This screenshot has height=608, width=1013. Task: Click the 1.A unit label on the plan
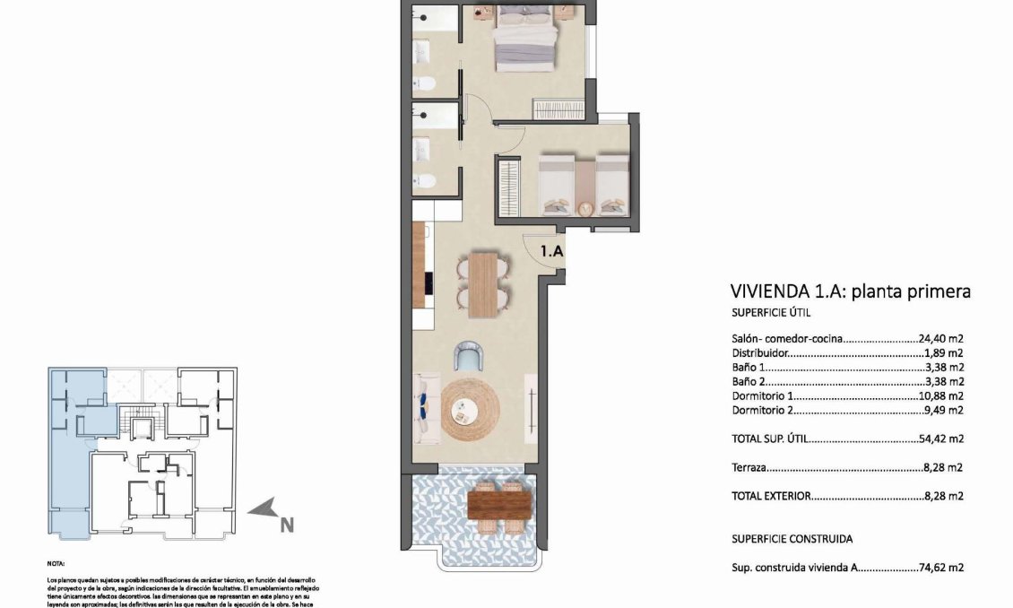click(x=551, y=252)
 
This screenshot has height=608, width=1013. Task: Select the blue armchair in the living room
click(x=469, y=356)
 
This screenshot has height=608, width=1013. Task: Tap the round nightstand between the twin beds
click(x=585, y=208)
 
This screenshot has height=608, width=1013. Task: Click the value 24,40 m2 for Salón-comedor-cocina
click(x=940, y=340)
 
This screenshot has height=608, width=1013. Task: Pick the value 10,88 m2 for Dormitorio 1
click(x=940, y=395)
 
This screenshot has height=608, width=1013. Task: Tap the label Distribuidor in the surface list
click(x=762, y=353)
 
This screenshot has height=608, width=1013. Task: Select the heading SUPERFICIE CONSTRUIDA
click(x=792, y=539)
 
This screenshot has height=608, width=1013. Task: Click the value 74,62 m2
click(x=940, y=568)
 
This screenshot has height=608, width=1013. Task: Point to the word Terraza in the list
click(x=749, y=467)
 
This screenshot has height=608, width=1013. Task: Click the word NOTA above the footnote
click(x=56, y=565)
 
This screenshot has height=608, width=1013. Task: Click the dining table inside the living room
click(x=481, y=284)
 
